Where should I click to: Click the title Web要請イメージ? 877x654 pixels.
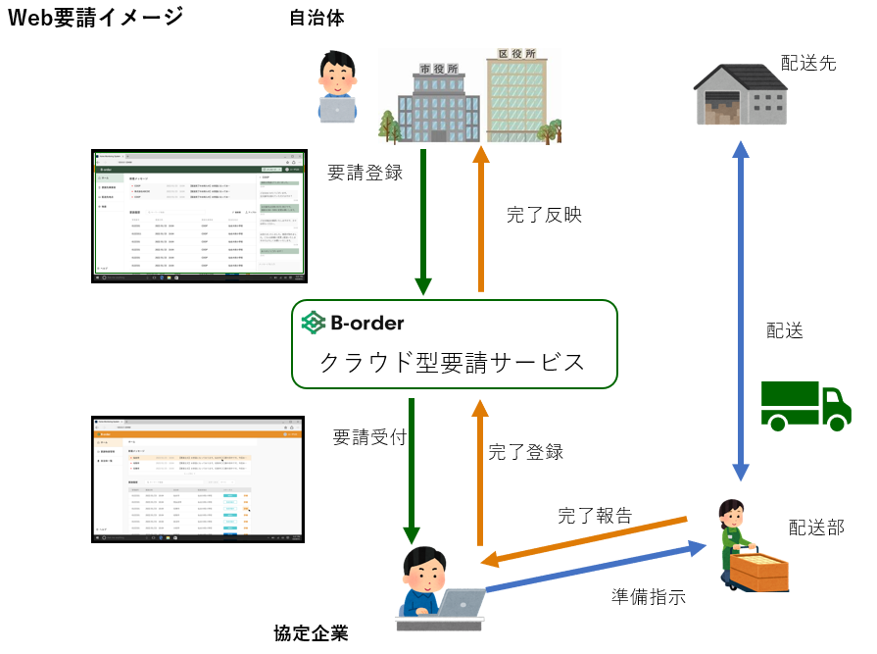pos(96,17)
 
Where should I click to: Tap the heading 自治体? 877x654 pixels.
pos(317,18)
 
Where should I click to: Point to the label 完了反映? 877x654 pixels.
pos(545,215)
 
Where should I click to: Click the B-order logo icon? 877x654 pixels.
pos(314,322)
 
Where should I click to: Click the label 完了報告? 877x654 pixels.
pos(595,515)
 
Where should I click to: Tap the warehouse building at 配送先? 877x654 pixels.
pos(744,93)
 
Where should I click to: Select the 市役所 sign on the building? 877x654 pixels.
pos(438,69)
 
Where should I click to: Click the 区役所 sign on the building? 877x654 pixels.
pos(516,54)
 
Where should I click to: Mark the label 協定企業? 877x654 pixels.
pos(311,632)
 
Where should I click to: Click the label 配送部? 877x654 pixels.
pos(816,528)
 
